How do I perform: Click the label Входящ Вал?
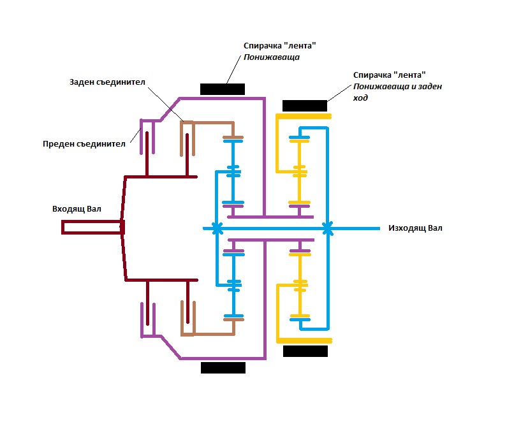(x=77, y=209)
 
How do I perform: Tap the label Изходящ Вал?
(x=415, y=228)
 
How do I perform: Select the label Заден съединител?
(x=107, y=82)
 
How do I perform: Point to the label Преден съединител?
(x=84, y=144)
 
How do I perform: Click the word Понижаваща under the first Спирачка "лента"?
(x=272, y=57)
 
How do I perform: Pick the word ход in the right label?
(x=360, y=98)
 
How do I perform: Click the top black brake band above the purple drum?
(x=223, y=89)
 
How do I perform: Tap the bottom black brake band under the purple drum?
(x=223, y=368)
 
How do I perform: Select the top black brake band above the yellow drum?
(x=305, y=106)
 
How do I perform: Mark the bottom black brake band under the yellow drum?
(x=305, y=351)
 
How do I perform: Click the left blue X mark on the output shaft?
(x=217, y=228)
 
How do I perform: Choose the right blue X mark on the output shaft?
(x=328, y=228)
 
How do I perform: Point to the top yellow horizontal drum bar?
(x=304, y=116)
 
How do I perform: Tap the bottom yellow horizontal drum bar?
(x=304, y=340)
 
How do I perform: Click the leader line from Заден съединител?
(x=165, y=105)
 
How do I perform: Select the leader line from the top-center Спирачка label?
(x=233, y=69)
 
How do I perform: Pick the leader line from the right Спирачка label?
(x=339, y=93)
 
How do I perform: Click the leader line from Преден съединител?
(x=136, y=136)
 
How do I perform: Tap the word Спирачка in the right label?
(x=372, y=75)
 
